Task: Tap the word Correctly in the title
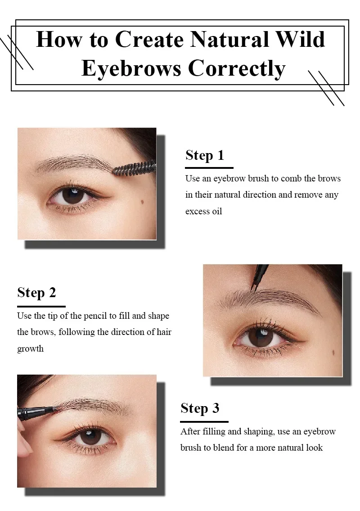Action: [237, 68]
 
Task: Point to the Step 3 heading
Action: [200, 408]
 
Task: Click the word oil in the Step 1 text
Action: [216, 211]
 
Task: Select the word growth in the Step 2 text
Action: [30, 348]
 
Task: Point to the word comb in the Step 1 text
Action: [291, 178]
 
